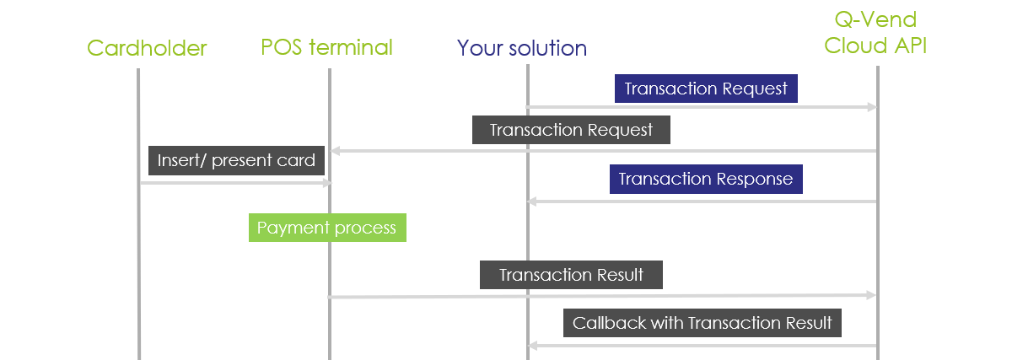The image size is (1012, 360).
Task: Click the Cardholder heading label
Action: tap(147, 48)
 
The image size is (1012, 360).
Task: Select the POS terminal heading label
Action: tap(326, 47)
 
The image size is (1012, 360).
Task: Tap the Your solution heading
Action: tap(522, 48)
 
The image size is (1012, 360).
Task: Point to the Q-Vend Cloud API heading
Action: tap(875, 34)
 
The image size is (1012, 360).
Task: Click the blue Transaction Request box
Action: tap(706, 89)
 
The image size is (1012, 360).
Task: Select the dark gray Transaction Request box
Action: tap(571, 130)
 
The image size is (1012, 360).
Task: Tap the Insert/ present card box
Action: tap(236, 160)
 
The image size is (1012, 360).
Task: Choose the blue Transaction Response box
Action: tap(706, 179)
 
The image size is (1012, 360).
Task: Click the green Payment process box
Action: tap(327, 228)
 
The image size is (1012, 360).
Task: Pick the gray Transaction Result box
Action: tap(571, 275)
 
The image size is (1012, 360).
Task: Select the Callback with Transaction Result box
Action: tap(702, 323)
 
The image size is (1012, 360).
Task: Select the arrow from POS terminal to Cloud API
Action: tap(603, 296)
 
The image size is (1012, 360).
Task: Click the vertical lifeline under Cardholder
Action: tap(137, 253)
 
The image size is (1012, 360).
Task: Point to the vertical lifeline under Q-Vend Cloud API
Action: tap(878, 253)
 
